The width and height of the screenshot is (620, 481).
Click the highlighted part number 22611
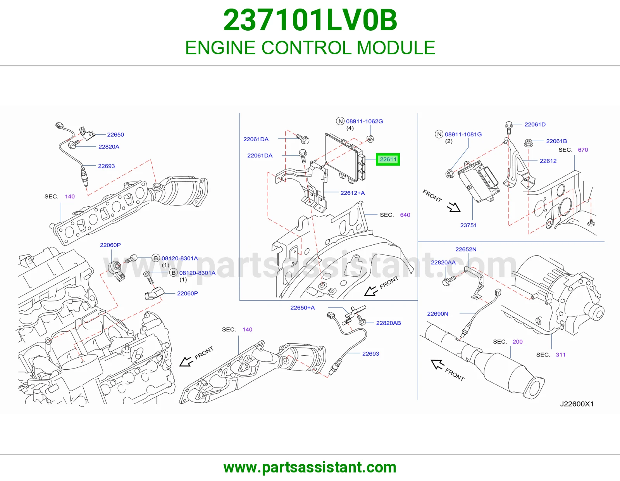(388, 159)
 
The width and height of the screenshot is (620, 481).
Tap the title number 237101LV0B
(310, 20)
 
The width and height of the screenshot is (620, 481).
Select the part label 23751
(468, 225)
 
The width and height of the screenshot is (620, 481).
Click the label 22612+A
(352, 193)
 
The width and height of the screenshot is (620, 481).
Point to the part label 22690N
(437, 314)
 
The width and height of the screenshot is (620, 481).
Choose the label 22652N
(466, 249)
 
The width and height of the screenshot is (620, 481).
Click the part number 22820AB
(388, 323)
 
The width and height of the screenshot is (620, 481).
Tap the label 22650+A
(302, 307)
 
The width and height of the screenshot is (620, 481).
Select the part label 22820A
(109, 147)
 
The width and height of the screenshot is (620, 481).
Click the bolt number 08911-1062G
(364, 121)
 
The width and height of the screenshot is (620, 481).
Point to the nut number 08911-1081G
(463, 134)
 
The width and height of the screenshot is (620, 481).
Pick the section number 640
(405, 215)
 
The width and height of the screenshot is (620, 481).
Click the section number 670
(583, 150)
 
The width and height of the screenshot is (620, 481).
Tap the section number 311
(561, 355)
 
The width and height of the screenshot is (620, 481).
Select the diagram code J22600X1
(577, 403)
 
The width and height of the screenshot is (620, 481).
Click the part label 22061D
(535, 124)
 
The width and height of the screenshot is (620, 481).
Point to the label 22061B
(556, 141)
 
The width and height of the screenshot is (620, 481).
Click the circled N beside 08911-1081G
(439, 134)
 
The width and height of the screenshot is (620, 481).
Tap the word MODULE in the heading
(396, 47)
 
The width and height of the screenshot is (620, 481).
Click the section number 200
(518, 341)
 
